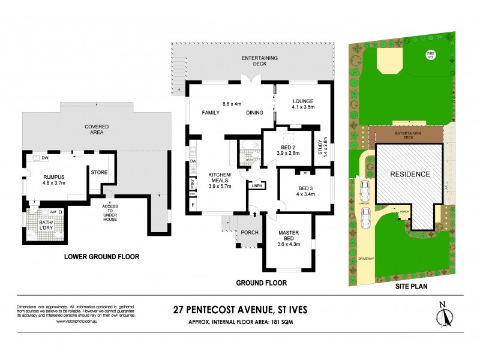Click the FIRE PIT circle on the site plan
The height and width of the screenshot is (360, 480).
click(x=430, y=55)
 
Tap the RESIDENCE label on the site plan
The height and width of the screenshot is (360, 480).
click(x=410, y=174)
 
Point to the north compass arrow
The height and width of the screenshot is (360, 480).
click(x=445, y=314)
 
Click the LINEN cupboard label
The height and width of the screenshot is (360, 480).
click(x=257, y=186)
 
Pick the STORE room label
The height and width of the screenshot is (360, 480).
click(x=98, y=172)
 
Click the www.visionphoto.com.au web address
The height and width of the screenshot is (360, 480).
click(x=77, y=321)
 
